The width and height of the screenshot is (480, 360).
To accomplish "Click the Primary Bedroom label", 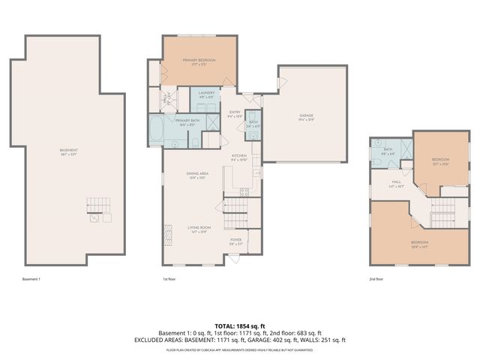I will pos(199,60).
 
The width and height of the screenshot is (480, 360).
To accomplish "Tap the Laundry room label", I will pos(207,94).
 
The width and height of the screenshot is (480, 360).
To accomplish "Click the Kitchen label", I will pos(239,157).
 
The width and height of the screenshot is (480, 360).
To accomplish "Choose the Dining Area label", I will pos(198,175).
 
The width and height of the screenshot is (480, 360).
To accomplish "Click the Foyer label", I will pos(235,240).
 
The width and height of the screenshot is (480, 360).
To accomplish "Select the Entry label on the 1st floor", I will pos(235,113).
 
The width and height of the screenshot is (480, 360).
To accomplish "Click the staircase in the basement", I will pos(98,203).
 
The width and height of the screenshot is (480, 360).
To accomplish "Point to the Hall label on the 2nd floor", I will pos(397,184).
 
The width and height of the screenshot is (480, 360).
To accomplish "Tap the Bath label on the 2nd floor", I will pos(388,150).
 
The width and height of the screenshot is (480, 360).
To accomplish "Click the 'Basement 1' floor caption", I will pos(31,279).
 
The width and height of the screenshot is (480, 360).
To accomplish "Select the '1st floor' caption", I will pos(169,279).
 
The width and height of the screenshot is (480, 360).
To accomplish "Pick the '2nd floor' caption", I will pos(376,279).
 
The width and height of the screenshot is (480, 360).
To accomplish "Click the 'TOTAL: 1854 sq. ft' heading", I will pos(240,326).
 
